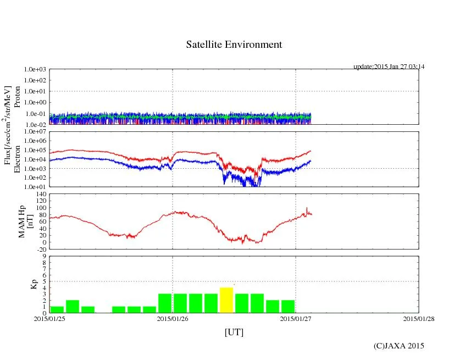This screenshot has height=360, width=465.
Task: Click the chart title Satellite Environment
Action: tap(234, 45)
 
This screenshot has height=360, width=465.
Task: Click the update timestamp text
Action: tap(389, 67)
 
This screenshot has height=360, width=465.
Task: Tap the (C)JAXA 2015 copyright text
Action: tap(398, 346)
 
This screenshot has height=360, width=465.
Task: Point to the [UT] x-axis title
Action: tap(234, 333)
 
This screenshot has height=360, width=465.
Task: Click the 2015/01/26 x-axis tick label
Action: tap(173, 318)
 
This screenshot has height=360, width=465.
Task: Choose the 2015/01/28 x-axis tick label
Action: tap(418, 318)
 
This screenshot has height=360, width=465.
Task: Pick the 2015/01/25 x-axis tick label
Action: tap(49, 318)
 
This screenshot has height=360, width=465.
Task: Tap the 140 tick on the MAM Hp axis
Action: tap(40, 194)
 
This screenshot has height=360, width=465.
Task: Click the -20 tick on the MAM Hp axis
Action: tap(40, 249)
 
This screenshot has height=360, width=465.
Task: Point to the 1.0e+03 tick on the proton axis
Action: tap(34, 70)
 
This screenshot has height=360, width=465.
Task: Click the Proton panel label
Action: tap(17, 97)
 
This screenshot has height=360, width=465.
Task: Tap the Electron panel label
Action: tap(17, 159)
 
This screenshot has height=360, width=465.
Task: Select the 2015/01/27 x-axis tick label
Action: tap(295, 318)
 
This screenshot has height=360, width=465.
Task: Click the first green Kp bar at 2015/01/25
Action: tap(57, 309)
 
